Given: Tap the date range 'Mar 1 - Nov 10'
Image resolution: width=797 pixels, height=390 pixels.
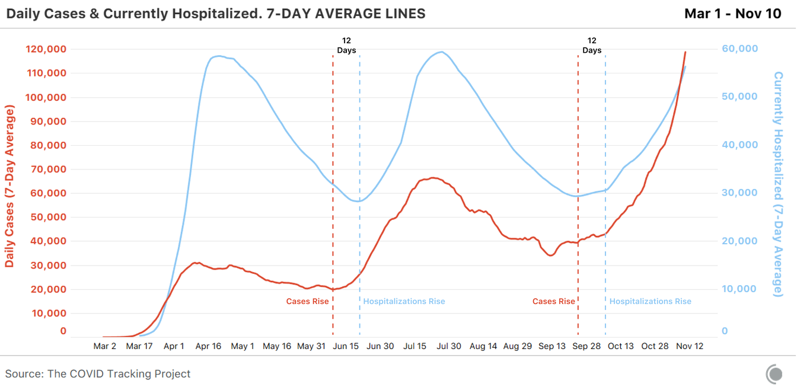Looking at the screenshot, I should pos(733,13).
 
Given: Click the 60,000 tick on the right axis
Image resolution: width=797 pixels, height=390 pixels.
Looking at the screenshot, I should pos(739,49).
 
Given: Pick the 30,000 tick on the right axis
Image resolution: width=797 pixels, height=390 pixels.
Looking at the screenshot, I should pos(739,193).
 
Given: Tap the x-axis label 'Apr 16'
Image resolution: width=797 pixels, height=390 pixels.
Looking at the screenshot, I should pos(208,346).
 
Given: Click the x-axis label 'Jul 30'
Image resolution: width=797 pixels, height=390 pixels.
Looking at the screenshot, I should pos(449,346).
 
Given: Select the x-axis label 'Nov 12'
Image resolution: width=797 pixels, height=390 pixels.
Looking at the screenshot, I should pos(690,346).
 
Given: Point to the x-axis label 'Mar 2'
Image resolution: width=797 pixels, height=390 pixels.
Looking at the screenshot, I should pos(105,346).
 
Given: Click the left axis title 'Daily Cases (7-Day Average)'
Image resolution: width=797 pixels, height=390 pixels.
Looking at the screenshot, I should pos(10,187).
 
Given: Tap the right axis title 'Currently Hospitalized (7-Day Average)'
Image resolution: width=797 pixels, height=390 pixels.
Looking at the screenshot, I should pos(778,184).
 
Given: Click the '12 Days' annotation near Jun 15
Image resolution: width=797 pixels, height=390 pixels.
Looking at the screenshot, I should pos(346,46).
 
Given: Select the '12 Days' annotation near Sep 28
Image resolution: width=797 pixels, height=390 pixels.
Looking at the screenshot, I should pos(592,46).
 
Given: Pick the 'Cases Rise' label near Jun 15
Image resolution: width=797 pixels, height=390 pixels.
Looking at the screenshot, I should pos(307,301).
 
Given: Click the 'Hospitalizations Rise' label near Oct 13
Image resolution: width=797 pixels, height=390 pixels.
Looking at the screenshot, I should pos(650,301).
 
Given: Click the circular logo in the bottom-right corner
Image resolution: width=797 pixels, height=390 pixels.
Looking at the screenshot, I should pos(774,374).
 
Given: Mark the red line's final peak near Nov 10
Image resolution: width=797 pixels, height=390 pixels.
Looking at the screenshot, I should pos(686,52).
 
